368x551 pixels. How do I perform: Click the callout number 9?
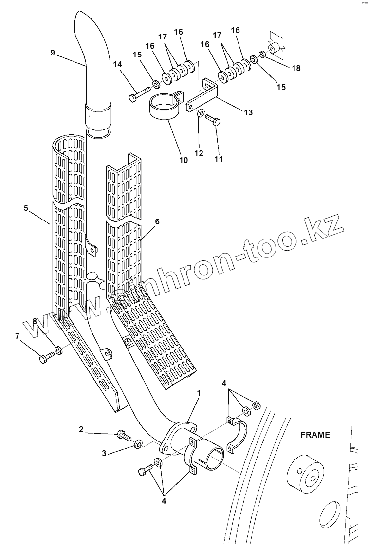click(53, 53)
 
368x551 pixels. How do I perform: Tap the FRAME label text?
click(315, 435)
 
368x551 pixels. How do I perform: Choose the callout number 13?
click(248, 112)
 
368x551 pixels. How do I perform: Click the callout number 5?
click(25, 208)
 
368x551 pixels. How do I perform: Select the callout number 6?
click(157, 221)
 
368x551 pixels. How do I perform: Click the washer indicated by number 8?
click(59, 349)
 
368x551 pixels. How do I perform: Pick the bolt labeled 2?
click(123, 434)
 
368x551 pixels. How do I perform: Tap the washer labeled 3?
click(138, 443)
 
